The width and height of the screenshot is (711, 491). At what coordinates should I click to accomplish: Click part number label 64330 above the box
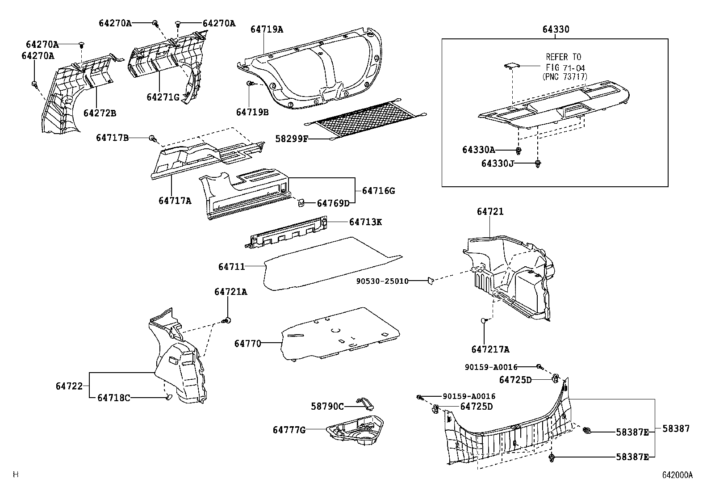click(x=556, y=29)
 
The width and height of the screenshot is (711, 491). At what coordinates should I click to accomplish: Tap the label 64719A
click(x=267, y=29)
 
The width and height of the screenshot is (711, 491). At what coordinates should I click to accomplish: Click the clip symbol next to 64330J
click(x=538, y=164)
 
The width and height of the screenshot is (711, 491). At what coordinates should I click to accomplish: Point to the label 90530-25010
click(x=382, y=281)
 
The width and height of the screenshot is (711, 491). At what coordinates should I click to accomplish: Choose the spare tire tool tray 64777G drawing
click(x=356, y=429)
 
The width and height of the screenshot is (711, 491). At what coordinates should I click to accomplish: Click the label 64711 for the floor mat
click(x=231, y=267)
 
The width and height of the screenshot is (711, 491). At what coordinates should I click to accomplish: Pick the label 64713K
click(x=365, y=222)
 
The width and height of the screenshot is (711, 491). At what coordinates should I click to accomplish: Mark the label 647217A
click(x=490, y=349)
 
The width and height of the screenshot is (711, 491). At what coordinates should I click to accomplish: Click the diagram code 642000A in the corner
click(x=677, y=475)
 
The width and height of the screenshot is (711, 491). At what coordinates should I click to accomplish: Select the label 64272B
click(x=100, y=113)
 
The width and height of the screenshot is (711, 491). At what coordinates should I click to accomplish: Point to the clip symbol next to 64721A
click(x=228, y=320)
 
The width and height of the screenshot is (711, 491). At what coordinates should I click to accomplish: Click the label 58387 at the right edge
click(x=676, y=428)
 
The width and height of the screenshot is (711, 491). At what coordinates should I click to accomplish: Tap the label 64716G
click(x=378, y=191)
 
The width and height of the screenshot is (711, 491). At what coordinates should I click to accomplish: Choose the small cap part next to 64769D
click(x=301, y=203)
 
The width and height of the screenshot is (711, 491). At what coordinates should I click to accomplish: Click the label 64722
click(x=69, y=386)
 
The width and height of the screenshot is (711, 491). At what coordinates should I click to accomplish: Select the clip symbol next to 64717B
click(x=152, y=138)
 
